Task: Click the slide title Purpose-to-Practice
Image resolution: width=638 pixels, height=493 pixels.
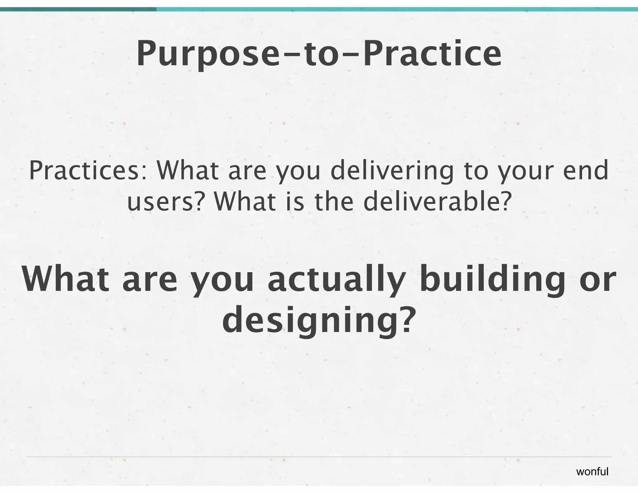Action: [319, 54]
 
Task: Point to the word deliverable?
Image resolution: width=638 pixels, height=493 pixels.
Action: [437, 202]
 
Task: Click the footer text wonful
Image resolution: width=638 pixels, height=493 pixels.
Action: [592, 471]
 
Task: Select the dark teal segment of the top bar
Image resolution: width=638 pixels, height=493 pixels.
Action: [78, 9]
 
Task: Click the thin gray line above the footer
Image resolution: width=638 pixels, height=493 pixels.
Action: [319, 457]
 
